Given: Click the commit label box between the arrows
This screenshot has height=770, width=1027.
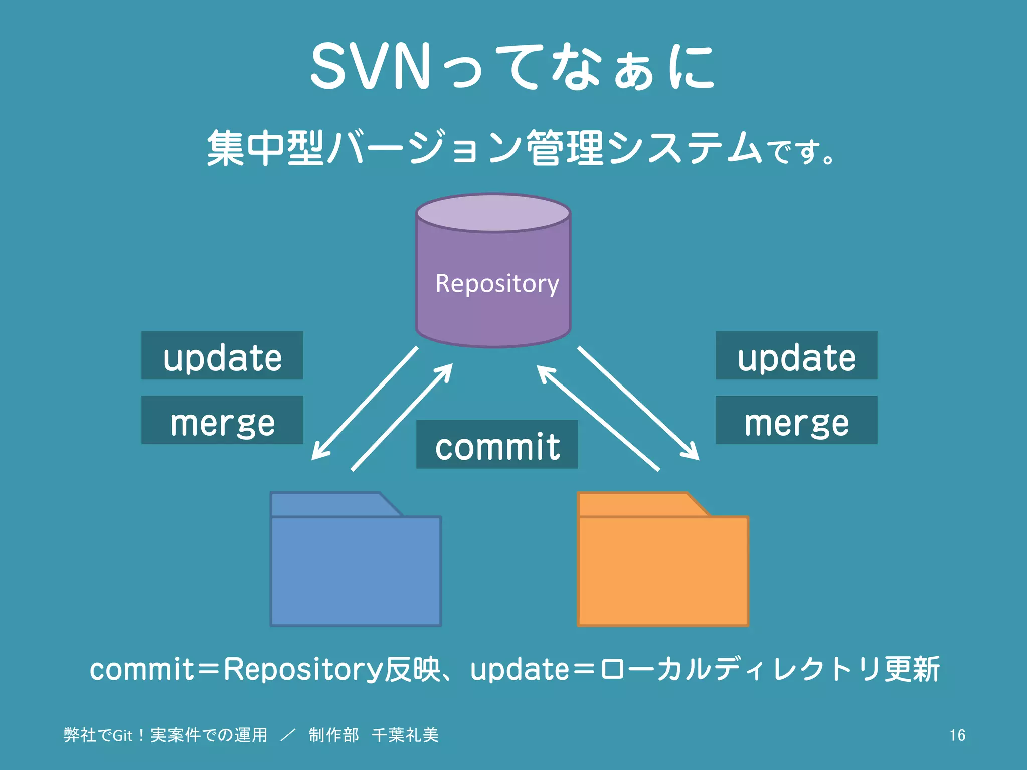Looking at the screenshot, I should tap(497, 445).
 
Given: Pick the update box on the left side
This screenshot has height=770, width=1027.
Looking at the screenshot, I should tap(222, 355).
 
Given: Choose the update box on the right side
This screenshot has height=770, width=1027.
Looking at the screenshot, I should tap(796, 355).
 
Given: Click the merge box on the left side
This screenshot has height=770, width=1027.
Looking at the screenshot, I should tap(222, 420).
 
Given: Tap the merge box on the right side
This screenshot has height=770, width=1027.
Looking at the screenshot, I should tap(796, 420).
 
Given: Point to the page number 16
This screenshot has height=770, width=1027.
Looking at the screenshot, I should tap(957, 735).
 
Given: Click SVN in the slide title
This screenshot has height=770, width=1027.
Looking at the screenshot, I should tap(370, 67).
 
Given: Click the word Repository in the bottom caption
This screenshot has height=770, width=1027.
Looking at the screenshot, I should tap(303, 670).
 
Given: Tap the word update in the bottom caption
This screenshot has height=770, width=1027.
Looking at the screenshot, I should tap(520, 670).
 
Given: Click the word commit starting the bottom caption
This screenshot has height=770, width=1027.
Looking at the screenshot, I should tap(142, 670).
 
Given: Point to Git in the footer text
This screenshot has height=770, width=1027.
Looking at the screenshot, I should tap(122, 735).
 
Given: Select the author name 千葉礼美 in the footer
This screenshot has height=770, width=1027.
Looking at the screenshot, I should tap(405, 735).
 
